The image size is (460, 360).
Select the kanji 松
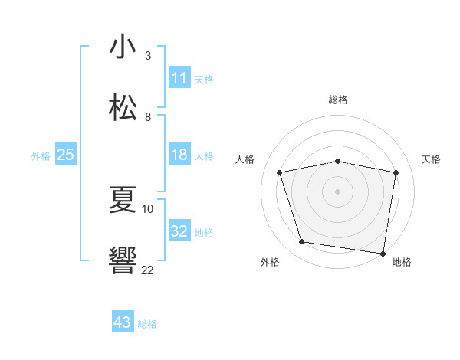pos(123,107)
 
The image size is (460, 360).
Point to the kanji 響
pos(123,260)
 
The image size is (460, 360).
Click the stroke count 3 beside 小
pos(148,55)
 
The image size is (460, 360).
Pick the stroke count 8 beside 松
pos(148,116)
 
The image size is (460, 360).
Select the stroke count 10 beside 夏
pos(148,208)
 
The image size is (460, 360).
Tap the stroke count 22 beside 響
pos(148,270)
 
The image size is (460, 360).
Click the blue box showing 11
pos(179,78)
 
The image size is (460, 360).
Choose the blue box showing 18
pos(179,155)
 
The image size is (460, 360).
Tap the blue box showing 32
pos(179,231)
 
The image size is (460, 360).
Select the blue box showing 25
pos(66,155)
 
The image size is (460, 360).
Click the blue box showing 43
pos(123,322)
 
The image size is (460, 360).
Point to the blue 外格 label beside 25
pos(41,156)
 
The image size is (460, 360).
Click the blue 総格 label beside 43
pos(147,324)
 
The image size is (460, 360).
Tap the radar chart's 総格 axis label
pos(338,100)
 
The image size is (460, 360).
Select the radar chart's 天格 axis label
pos(432,159)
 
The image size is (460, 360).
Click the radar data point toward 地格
pos(383,253)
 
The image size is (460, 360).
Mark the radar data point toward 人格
pos(280,172)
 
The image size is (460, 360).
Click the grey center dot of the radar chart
pos(338,191)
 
